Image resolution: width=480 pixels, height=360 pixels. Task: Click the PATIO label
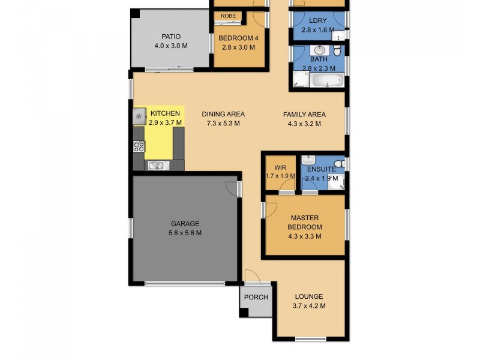tap(170, 37)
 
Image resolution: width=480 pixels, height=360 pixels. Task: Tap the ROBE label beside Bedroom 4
tap(227, 16)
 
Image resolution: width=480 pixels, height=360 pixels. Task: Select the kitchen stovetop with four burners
tap(139, 146)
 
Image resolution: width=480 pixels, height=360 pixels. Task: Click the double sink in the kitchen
tap(155, 166)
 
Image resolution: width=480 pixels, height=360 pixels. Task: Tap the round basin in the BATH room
tap(318, 50)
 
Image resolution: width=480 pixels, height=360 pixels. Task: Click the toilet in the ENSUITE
tap(338, 163)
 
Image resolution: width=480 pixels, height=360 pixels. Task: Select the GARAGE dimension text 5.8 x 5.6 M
tap(185, 233)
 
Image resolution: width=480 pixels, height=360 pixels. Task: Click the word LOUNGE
tap(309, 296)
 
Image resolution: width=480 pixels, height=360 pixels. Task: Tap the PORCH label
tap(256, 298)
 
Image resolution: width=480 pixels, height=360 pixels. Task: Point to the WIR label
tap(280, 167)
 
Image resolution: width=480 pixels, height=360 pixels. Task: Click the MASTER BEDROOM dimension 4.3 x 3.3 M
tap(305, 236)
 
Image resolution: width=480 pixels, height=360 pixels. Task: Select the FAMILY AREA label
tap(304, 115)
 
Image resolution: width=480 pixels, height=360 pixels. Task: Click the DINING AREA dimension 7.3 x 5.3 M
tap(223, 124)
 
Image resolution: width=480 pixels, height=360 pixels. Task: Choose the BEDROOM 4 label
tap(238, 38)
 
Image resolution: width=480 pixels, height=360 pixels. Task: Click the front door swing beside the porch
tap(253, 277)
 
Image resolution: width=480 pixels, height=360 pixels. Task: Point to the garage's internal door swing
tap(231, 188)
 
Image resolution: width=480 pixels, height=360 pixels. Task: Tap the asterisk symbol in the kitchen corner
tap(139, 116)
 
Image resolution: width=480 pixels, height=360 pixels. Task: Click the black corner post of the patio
tap(136, 13)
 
